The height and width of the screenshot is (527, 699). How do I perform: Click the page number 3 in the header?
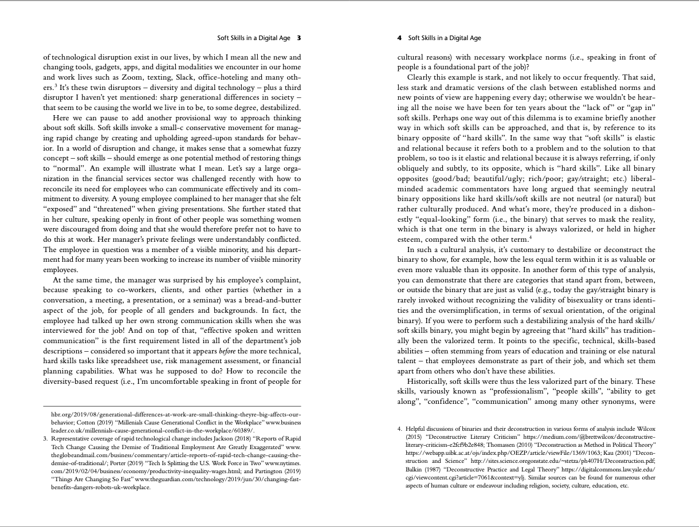pyautogui.click(x=299, y=38)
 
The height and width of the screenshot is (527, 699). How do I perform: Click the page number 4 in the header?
pyautogui.click(x=399, y=38)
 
